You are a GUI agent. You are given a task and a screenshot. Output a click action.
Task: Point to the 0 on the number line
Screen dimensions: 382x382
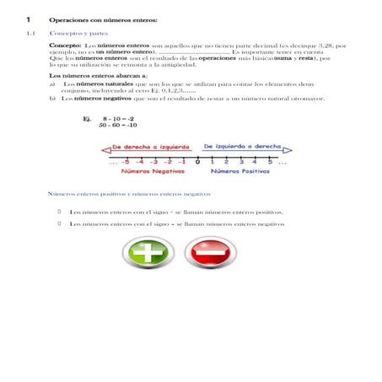196,161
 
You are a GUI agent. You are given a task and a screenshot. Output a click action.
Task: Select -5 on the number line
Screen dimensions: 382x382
125,161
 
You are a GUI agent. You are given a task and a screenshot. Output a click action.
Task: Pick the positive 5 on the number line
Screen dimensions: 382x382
269,161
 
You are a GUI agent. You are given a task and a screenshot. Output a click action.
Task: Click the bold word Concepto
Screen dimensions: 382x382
65,45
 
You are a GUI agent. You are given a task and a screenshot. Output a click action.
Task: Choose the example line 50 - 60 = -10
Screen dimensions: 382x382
118,126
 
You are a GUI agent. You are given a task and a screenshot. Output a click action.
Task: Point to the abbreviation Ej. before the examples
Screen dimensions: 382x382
86,119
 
